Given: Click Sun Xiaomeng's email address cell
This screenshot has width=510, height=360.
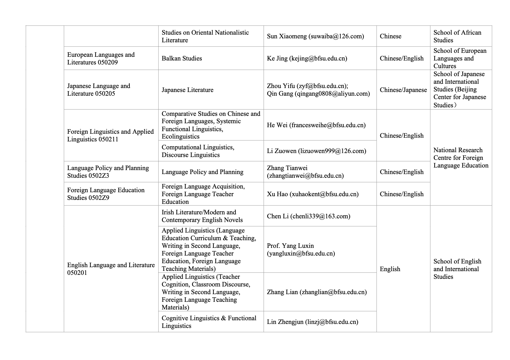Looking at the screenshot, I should (x=315, y=36).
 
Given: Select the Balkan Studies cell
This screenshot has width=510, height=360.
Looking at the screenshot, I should (x=182, y=58).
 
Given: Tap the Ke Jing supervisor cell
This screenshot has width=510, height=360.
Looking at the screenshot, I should (x=307, y=58).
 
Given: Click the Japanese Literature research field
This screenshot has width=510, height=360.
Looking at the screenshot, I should (x=187, y=90).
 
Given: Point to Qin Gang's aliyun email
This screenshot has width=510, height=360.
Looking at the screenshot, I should (x=318, y=94).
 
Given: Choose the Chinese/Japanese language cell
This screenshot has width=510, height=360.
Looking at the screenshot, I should (x=403, y=90).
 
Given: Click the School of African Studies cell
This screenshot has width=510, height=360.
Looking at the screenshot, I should (x=457, y=36).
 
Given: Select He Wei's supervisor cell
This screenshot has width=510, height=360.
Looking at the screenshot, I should (x=316, y=125).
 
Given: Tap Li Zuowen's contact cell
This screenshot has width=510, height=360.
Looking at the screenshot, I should (x=316, y=151).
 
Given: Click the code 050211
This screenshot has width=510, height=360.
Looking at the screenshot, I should (x=108, y=139).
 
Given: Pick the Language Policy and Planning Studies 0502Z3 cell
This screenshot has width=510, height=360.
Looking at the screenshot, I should (x=108, y=172).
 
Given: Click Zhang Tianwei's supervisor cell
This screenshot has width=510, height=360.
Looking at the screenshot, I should (x=305, y=172).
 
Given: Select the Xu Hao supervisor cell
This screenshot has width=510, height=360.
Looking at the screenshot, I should (x=313, y=194).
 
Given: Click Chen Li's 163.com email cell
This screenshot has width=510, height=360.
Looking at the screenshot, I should (x=308, y=216).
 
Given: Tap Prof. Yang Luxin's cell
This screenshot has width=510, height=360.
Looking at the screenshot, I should (x=301, y=250).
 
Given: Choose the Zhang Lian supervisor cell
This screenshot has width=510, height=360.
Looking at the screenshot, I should (x=317, y=292).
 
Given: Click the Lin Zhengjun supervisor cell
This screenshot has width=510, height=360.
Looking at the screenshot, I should (x=312, y=322).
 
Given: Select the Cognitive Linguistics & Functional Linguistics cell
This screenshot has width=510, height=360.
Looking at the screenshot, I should (x=209, y=322).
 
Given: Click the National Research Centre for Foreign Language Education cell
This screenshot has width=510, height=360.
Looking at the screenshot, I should (x=461, y=158).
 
